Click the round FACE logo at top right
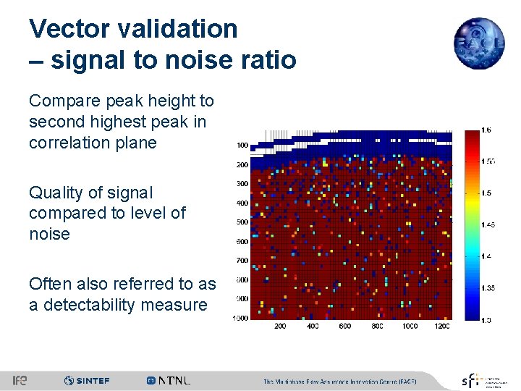[478, 43]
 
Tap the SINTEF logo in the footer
[87, 380]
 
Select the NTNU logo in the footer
[169, 380]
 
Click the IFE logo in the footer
[20, 380]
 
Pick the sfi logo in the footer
[470, 380]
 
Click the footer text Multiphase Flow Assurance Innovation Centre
[340, 381]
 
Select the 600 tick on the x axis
[345, 327]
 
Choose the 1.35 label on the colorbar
[489, 288]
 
